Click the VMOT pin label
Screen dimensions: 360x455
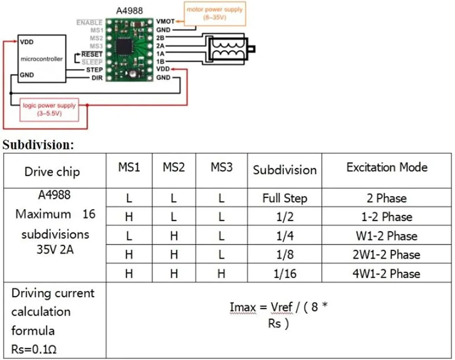click(x=164, y=21)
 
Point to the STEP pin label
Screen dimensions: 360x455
click(x=94, y=70)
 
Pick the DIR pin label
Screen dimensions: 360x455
click(x=96, y=78)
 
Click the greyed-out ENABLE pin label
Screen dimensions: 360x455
click(x=89, y=22)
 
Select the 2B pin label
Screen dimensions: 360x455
click(x=160, y=38)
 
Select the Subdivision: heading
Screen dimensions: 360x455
click(x=38, y=145)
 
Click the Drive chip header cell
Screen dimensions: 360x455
click(x=52, y=171)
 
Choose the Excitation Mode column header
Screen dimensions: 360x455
click(x=387, y=167)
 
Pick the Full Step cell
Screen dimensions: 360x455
click(x=284, y=198)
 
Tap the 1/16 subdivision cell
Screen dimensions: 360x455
click(x=284, y=274)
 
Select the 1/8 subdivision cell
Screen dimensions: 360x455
click(x=284, y=255)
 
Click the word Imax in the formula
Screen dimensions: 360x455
click(x=243, y=307)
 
